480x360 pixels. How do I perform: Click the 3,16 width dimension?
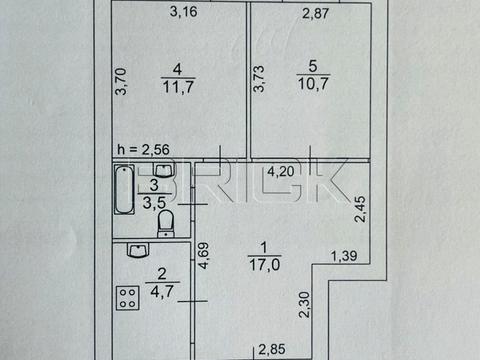(x=183, y=12)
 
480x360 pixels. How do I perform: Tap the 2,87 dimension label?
(x=315, y=13)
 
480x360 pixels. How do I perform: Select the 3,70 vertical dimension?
(x=121, y=81)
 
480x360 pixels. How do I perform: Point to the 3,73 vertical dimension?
(x=259, y=79)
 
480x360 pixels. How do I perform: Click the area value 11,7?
(x=178, y=87)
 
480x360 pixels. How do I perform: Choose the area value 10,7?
(x=313, y=83)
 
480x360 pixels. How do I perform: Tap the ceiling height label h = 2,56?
(x=143, y=150)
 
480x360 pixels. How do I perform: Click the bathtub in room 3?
(x=124, y=189)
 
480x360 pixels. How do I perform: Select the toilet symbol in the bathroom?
(x=166, y=223)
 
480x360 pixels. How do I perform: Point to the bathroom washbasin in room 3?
(x=163, y=170)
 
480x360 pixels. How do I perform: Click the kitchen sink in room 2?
(x=138, y=250)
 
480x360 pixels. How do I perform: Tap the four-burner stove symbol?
(x=127, y=298)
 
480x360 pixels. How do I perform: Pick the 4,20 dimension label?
(x=281, y=172)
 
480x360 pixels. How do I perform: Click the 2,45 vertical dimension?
(x=360, y=209)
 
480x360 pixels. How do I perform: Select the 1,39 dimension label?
(x=344, y=256)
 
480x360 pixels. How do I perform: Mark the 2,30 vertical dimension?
(x=304, y=305)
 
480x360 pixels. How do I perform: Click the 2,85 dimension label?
(x=272, y=350)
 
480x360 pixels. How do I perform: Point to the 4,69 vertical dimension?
(x=203, y=255)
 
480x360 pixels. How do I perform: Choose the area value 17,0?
(x=265, y=265)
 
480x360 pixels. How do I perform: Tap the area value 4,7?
(x=162, y=292)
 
